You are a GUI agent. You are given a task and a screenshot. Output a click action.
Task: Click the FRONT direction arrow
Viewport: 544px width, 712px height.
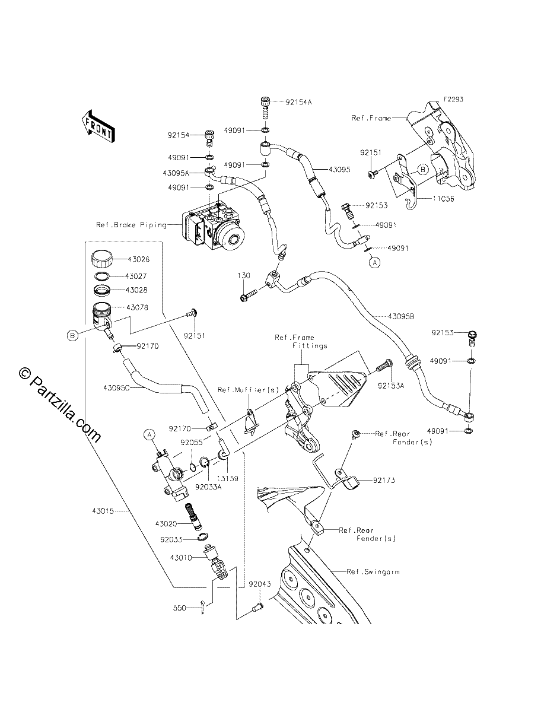[x=98, y=126]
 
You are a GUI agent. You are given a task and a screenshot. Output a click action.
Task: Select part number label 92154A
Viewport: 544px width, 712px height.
[x=298, y=102]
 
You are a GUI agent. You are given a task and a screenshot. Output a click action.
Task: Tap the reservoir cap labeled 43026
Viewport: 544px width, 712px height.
[x=102, y=259]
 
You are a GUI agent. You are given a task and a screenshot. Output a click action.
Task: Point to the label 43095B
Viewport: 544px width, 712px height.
[x=401, y=316]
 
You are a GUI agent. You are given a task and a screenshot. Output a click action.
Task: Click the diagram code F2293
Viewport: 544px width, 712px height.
[x=453, y=99]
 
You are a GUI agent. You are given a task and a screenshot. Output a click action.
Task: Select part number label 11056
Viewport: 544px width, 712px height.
[x=443, y=199]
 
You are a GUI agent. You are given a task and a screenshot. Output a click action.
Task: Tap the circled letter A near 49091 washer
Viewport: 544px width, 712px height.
[x=375, y=262]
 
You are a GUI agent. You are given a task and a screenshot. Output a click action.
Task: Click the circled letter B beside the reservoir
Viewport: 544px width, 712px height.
[x=72, y=335]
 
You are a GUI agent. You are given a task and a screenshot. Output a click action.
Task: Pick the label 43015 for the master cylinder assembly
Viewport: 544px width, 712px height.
[x=103, y=511]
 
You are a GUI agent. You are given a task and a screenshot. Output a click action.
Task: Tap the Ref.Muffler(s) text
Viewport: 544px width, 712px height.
[x=249, y=390]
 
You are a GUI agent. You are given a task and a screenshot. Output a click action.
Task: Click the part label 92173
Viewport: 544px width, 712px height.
[x=384, y=480]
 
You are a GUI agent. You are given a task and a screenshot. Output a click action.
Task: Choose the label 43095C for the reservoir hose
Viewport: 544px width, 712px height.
[x=116, y=387]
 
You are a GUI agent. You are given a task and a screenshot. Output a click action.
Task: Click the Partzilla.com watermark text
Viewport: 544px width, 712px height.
[x=61, y=405]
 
